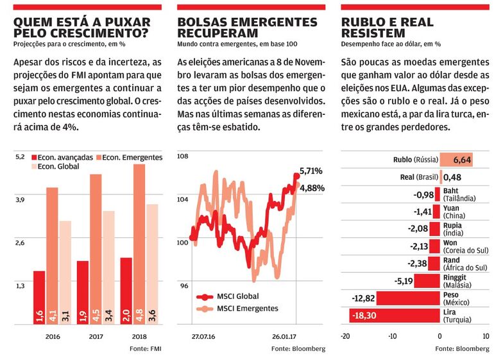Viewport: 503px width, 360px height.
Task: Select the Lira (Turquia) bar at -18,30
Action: point(394,315)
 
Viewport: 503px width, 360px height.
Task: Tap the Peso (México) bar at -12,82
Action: point(407,298)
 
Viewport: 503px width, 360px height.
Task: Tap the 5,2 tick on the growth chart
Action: point(20,157)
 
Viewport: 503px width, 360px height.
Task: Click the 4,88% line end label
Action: point(312,188)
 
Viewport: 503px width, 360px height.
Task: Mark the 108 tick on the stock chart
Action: point(183,157)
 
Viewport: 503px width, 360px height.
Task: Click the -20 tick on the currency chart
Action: point(345,336)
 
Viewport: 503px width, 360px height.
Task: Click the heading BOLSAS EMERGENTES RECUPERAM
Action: point(247,28)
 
